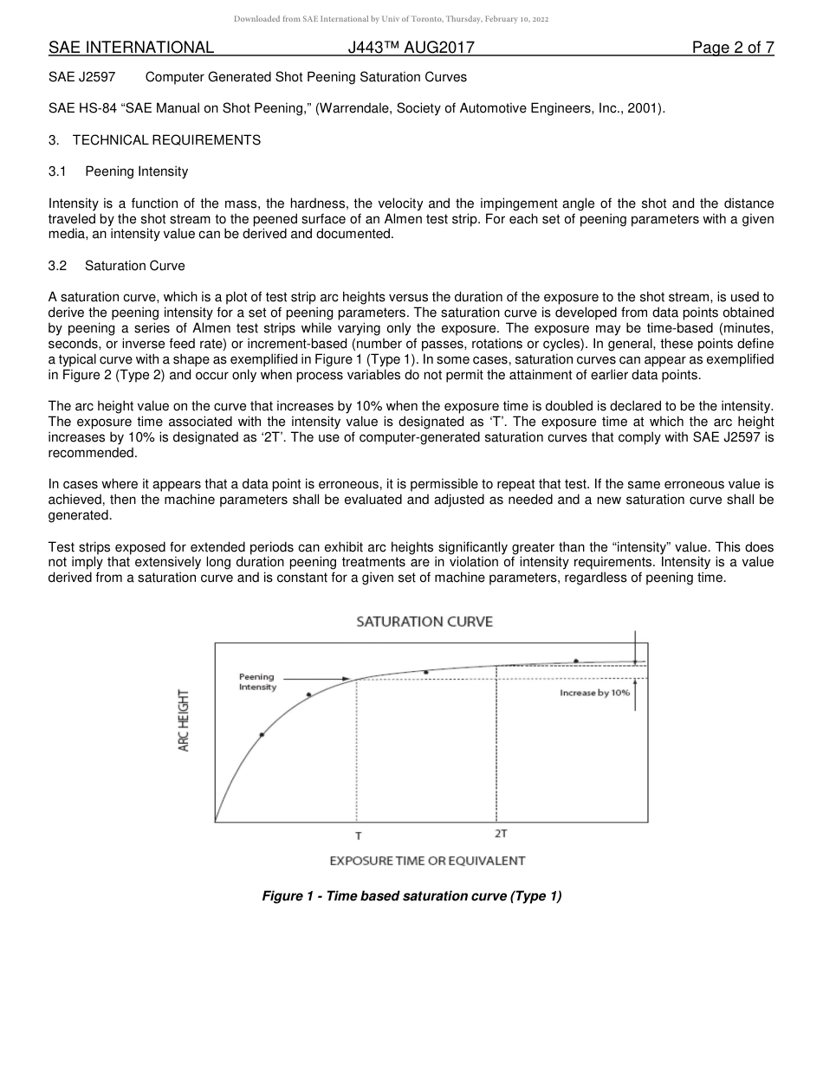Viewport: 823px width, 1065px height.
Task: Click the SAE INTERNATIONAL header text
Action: pos(131,48)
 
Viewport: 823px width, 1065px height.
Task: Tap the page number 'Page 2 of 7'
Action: pos(732,48)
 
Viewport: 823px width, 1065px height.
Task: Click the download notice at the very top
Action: pos(392,19)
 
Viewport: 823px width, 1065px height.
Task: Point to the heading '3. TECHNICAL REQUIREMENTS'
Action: pos(154,140)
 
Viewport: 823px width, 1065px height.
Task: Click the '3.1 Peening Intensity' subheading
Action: pos(118,171)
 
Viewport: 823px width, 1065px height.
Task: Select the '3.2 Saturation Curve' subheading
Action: pos(116,266)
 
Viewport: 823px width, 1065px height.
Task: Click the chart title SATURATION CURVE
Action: pos(424,622)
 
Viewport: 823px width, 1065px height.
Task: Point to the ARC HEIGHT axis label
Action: pos(184,720)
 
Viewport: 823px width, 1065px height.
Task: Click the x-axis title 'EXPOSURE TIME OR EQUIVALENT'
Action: pos(427,861)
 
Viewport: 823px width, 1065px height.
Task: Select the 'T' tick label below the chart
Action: pos(358,836)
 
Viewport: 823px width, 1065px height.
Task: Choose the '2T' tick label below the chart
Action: pos(501,833)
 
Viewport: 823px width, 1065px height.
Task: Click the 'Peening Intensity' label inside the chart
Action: pos(257,682)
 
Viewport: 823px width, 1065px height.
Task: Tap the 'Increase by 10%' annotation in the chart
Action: pos(594,693)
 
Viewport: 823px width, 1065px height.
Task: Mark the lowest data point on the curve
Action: pos(262,734)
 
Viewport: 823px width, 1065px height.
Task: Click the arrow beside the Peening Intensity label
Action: pos(315,679)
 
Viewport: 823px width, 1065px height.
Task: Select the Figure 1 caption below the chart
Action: pos(411,896)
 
